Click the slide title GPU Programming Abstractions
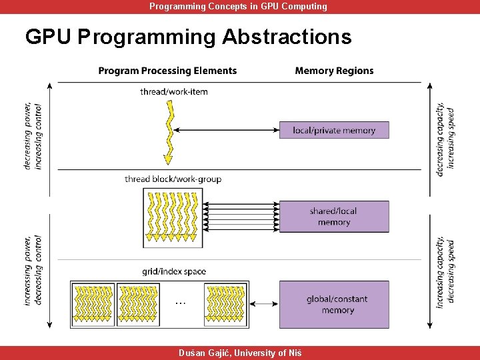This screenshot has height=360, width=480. [x=188, y=37]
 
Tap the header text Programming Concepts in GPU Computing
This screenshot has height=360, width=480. [x=238, y=7]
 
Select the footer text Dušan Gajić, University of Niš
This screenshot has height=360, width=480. [x=239, y=353]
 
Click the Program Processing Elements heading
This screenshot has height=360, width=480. [x=167, y=71]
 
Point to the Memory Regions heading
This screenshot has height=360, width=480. [x=334, y=71]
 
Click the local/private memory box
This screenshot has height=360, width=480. [x=334, y=131]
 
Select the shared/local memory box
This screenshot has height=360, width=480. [x=334, y=217]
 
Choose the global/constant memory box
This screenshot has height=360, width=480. [x=334, y=305]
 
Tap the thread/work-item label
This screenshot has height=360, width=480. [x=174, y=91]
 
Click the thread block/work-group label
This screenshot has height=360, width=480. [x=173, y=179]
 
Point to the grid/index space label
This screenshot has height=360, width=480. [x=174, y=271]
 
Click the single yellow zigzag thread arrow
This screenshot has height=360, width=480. [x=169, y=133]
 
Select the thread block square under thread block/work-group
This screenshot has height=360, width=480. [x=173, y=217]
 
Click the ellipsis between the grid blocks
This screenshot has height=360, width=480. [x=180, y=302]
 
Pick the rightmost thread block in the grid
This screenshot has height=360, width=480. [x=226, y=305]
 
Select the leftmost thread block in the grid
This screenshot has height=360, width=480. [x=93, y=305]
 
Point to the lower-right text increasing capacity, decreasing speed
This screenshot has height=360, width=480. [x=446, y=272]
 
